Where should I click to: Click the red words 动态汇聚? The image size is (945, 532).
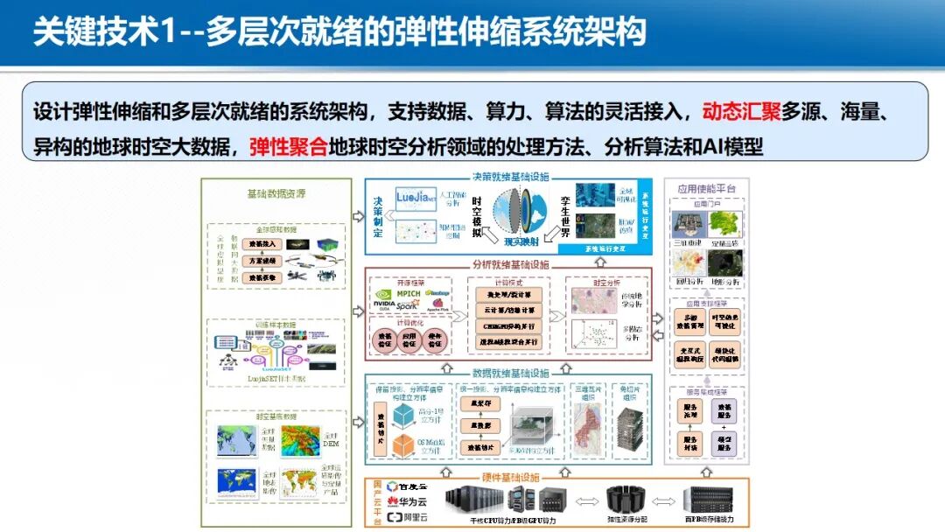[738, 113]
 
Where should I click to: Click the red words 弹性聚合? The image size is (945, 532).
[288, 146]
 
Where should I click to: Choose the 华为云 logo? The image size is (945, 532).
[409, 502]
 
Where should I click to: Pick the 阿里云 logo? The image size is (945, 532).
[409, 518]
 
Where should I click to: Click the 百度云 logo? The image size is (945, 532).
[409, 486]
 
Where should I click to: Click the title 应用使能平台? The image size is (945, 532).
[707, 188]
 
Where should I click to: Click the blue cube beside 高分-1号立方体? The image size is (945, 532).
[402, 416]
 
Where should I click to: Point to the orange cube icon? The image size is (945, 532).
[402, 446]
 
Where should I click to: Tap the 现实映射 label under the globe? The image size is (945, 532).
[523, 241]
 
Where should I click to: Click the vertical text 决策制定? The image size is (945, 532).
[378, 217]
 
